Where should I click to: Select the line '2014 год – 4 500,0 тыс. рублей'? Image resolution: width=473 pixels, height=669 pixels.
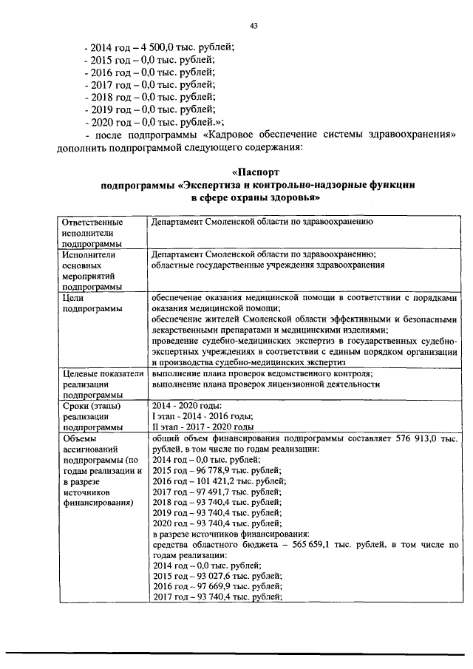pos(160,46)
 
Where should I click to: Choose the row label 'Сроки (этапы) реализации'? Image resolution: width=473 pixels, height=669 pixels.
pos(92,417)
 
